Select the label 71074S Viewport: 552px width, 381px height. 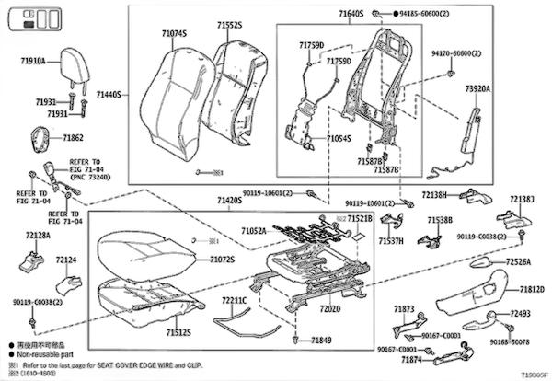point(173,34)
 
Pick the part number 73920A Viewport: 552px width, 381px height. point(477,89)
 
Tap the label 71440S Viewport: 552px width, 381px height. point(109,95)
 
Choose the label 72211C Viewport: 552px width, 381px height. point(235,300)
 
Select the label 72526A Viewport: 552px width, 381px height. point(519,262)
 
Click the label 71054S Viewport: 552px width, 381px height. point(339,138)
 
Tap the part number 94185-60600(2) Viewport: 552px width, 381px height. point(426,16)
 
